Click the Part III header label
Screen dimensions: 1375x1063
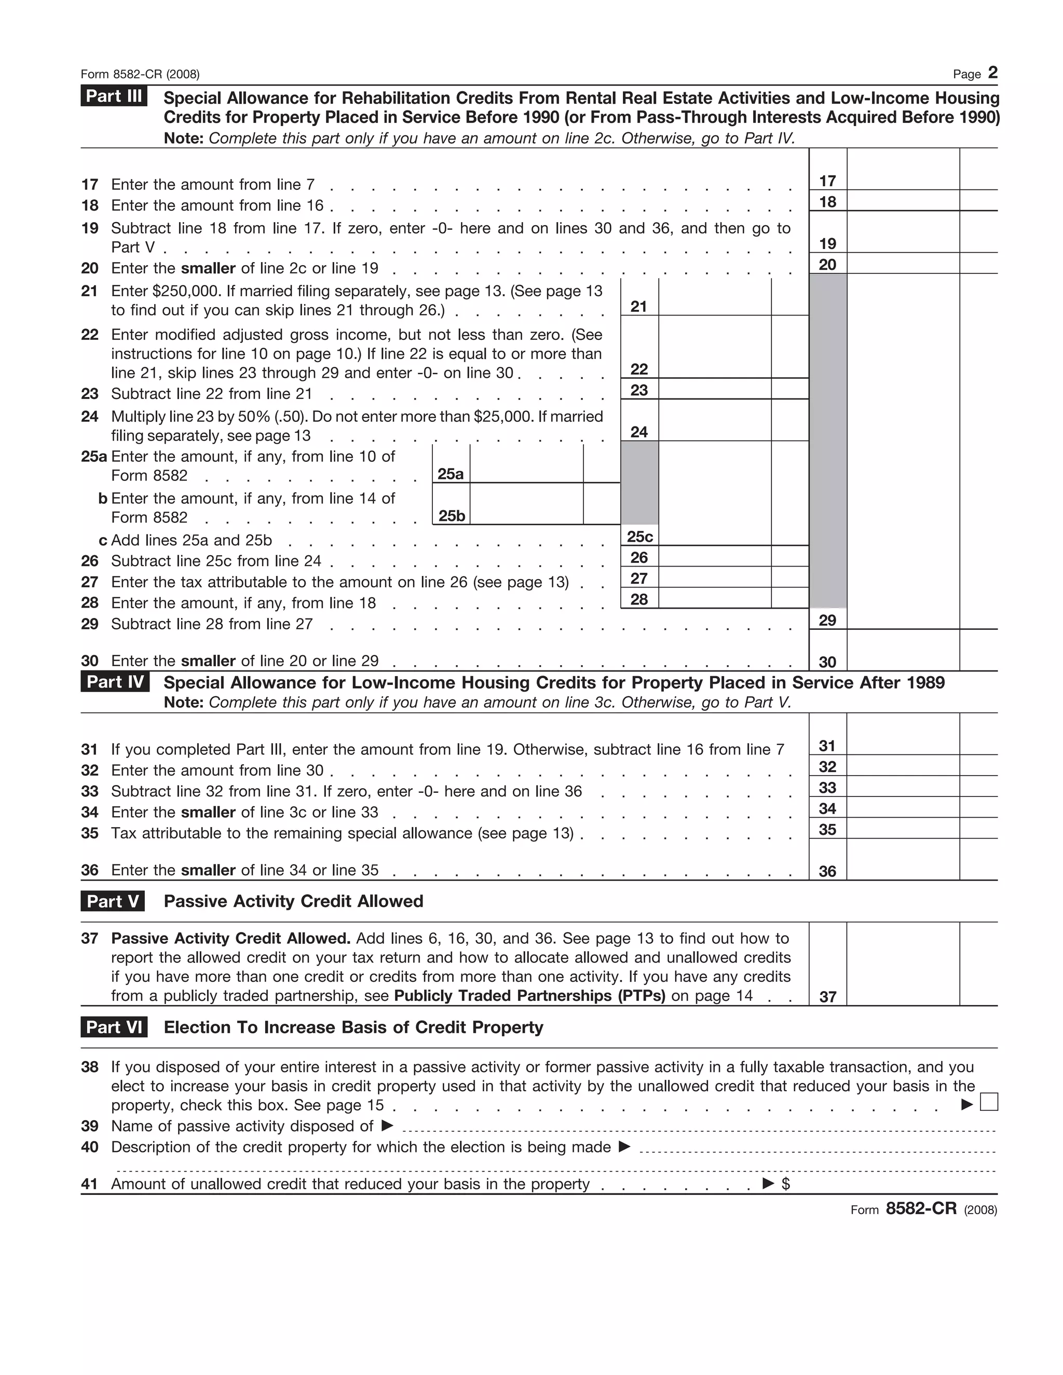114,97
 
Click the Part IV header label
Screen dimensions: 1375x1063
115,682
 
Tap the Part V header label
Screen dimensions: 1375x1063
113,901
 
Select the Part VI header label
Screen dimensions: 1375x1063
114,1027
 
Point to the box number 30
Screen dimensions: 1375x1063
827,661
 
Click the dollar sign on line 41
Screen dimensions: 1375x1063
785,1184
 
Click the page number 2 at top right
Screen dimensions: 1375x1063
992,73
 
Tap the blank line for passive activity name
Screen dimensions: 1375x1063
698,1127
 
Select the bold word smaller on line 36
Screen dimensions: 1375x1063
208,870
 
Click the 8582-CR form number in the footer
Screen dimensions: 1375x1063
921,1208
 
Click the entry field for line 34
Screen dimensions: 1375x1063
903,808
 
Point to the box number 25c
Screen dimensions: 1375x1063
639,537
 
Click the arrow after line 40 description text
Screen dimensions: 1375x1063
624,1147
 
